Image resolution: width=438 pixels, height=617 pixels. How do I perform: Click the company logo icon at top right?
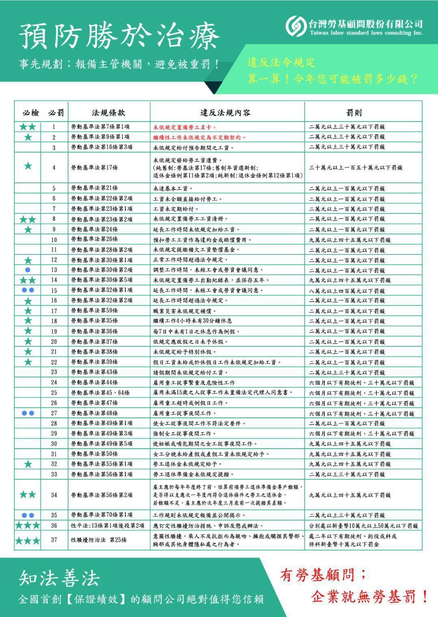click(295, 26)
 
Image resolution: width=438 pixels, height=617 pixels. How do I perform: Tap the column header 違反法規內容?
click(225, 112)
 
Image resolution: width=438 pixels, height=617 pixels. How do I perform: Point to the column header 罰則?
click(354, 112)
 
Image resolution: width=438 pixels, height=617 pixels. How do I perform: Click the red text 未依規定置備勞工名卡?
click(185, 127)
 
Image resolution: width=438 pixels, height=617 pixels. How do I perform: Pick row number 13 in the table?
click(54, 270)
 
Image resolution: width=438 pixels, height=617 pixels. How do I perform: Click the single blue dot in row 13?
click(28, 270)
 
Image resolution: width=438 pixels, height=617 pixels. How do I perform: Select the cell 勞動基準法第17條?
click(95, 167)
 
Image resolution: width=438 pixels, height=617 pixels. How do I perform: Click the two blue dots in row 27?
click(28, 413)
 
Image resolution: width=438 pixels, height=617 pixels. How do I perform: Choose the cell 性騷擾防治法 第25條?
click(99, 540)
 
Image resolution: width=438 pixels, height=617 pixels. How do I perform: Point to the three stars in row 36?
click(28, 525)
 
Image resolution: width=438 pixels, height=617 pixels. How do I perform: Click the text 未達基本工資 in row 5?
click(173, 188)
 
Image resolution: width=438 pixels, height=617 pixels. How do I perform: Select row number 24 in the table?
click(54, 382)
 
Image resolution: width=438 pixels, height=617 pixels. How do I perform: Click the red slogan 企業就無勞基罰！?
click(370, 597)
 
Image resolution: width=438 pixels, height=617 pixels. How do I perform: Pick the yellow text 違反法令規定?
click(281, 63)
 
